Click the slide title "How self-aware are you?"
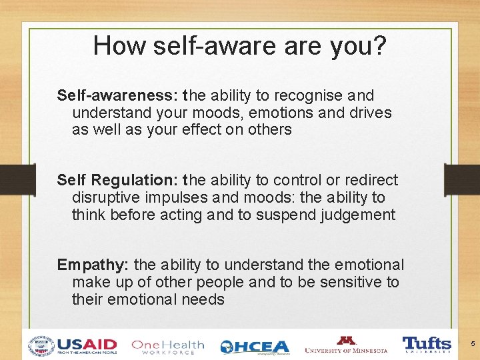239,45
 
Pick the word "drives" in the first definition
369,113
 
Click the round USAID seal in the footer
41,346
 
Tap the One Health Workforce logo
167,346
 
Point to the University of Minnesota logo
346,345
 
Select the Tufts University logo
427,345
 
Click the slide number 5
472,344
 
